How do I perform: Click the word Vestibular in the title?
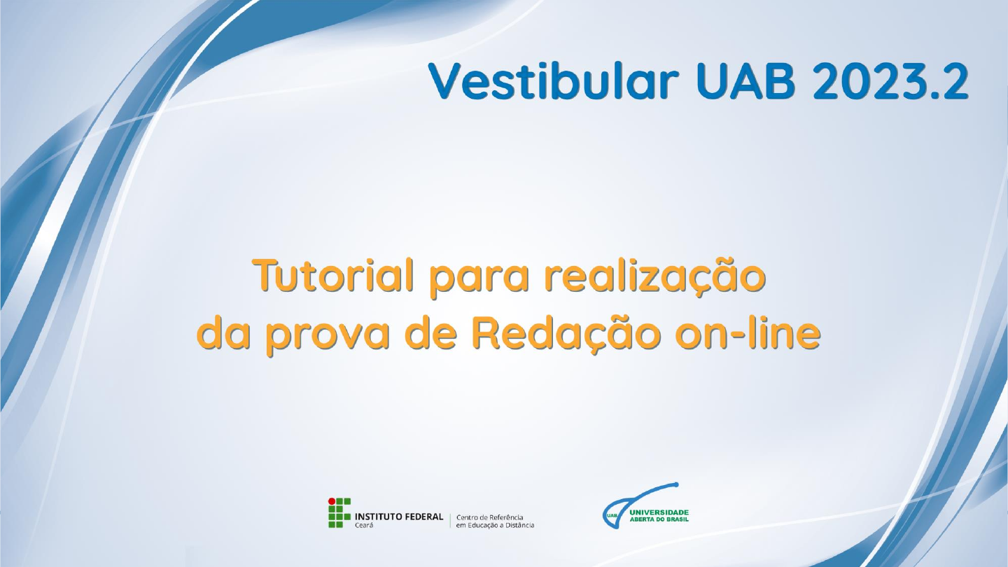tap(553, 81)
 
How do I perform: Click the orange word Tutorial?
tap(333, 275)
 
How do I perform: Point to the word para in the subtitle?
tap(479, 279)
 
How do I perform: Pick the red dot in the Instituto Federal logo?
tap(332, 501)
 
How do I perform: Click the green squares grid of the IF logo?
tap(339, 513)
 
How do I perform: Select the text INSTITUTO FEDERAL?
tap(399, 517)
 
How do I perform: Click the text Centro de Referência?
tap(489, 517)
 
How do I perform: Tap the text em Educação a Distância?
tap(495, 525)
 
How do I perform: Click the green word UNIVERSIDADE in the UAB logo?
tap(659, 512)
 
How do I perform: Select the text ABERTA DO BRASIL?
tap(659, 519)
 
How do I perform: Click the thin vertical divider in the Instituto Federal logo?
tap(450, 521)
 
